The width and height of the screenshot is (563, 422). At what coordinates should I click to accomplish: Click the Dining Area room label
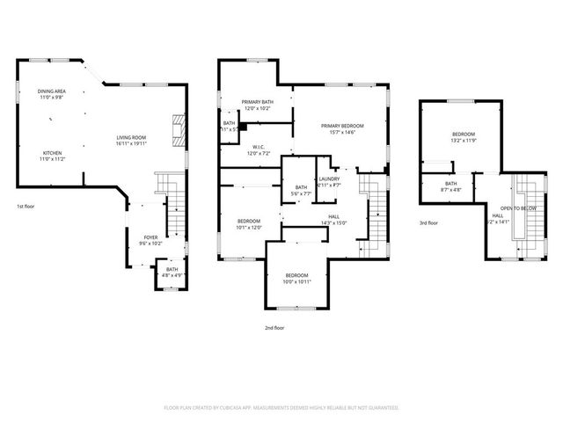click(x=52, y=91)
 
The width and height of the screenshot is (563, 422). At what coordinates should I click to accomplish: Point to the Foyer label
click(x=151, y=237)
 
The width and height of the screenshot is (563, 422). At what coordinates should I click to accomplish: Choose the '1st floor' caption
click(x=25, y=206)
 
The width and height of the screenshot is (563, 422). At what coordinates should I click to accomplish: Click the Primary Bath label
click(x=259, y=103)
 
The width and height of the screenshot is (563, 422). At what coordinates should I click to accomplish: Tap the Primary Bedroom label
click(x=341, y=126)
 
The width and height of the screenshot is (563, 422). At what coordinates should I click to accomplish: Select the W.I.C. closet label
click(x=259, y=148)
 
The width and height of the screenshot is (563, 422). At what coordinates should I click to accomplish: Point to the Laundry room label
click(x=329, y=179)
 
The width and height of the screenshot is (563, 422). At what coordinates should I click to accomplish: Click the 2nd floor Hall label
click(x=334, y=216)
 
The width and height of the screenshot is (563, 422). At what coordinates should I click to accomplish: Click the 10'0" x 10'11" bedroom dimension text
click(x=296, y=281)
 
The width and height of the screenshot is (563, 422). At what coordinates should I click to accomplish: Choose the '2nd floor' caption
click(x=275, y=328)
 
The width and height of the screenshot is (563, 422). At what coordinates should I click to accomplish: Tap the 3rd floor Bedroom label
click(x=464, y=135)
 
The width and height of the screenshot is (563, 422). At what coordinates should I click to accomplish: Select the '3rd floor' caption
click(x=428, y=223)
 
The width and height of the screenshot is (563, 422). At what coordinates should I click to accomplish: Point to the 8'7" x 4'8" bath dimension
click(x=450, y=190)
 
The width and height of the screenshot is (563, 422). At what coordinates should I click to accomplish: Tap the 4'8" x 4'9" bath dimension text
click(x=172, y=276)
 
